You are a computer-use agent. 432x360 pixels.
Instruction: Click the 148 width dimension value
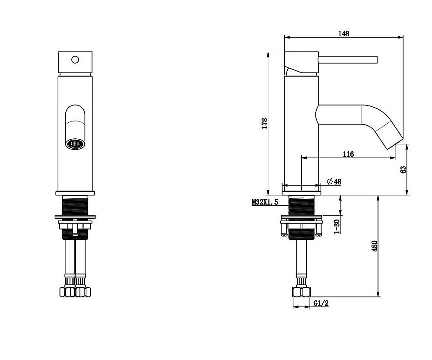(343, 34)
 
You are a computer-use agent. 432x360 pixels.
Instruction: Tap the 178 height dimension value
(264, 124)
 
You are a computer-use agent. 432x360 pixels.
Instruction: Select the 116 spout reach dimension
(348, 154)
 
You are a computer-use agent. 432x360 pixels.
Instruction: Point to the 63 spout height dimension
(403, 169)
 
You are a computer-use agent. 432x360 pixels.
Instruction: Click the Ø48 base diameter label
(334, 182)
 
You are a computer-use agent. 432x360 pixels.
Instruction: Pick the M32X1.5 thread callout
(265, 202)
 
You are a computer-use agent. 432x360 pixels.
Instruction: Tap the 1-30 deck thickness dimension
(337, 226)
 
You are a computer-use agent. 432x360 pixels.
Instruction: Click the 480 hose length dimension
(375, 246)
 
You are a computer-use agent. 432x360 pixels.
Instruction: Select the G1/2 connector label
(321, 303)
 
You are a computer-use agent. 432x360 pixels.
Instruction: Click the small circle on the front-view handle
(75, 60)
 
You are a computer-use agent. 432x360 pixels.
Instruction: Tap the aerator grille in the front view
(75, 144)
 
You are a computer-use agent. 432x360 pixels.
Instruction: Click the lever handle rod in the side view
(348, 60)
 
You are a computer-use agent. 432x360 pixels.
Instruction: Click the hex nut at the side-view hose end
(302, 292)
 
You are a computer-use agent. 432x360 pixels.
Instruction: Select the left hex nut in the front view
(67, 292)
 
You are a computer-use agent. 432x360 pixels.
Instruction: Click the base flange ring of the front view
(75, 193)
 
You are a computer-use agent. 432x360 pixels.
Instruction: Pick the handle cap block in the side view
(302, 62)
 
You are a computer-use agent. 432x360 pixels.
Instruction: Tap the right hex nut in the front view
(83, 292)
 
